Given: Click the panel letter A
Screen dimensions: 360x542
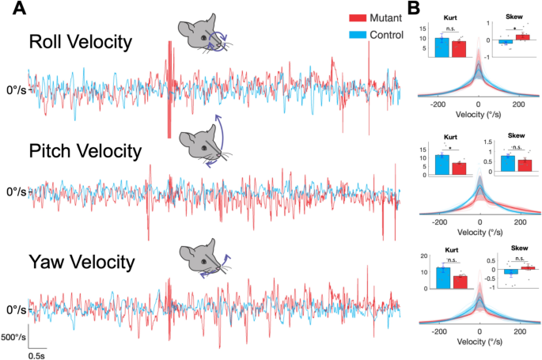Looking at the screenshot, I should [13, 9].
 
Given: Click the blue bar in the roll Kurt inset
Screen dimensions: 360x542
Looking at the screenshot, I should [442, 47].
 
